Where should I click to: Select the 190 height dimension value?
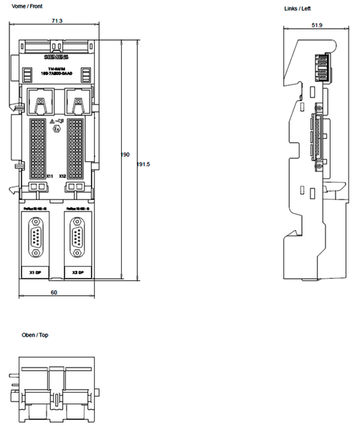tap(125, 155)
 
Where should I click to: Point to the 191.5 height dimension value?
tap(143, 164)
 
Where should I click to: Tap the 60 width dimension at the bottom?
tap(53, 292)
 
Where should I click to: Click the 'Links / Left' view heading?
tap(298, 9)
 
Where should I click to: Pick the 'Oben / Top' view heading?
tap(34, 335)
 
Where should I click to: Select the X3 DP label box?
tap(77, 273)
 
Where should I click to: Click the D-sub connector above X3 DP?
tap(77, 240)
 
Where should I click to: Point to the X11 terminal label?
tap(49, 176)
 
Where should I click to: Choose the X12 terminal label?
tap(62, 176)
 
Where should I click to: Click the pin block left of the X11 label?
tap(37, 148)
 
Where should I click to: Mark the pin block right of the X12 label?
tap(76, 148)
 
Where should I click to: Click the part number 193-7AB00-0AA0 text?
tap(57, 75)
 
